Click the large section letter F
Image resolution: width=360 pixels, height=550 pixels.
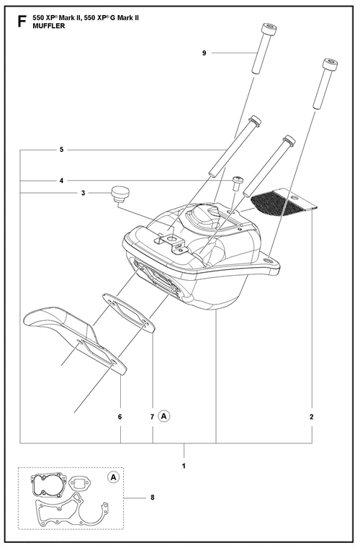tap(22, 22)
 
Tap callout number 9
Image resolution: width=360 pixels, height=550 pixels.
tap(204, 53)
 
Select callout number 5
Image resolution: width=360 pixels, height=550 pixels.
tap(61, 150)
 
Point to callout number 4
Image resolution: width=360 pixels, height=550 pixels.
tap(61, 181)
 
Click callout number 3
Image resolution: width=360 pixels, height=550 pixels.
tap(83, 193)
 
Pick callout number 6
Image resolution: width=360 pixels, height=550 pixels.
tap(120, 417)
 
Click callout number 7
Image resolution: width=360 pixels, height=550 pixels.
tap(153, 417)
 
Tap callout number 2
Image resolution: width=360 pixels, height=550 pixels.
tap(312, 417)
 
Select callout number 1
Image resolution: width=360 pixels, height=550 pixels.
tap(184, 466)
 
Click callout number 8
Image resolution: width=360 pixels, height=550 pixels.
tap(153, 497)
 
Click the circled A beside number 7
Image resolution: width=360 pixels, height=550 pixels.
tap(163, 416)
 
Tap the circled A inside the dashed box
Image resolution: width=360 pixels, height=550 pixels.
tap(113, 477)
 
